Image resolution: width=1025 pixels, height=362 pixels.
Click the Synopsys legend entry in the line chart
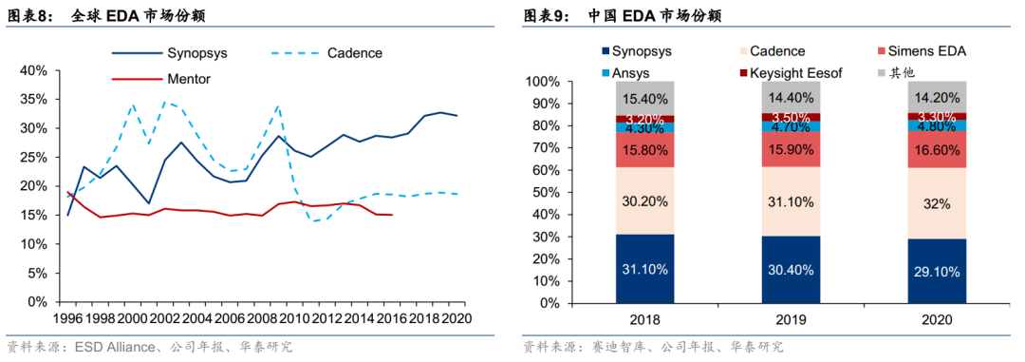click(x=169, y=53)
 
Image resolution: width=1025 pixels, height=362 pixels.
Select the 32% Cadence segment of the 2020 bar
click(x=937, y=203)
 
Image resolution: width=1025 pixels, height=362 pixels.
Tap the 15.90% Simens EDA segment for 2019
click(x=791, y=149)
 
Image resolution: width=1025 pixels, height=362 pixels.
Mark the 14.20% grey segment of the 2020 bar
click(x=937, y=97)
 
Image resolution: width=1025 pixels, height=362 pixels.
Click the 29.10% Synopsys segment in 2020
click(x=937, y=271)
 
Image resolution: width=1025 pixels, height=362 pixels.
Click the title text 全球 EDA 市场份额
click(x=138, y=16)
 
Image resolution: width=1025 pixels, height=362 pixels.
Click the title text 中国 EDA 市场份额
click(x=655, y=16)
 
